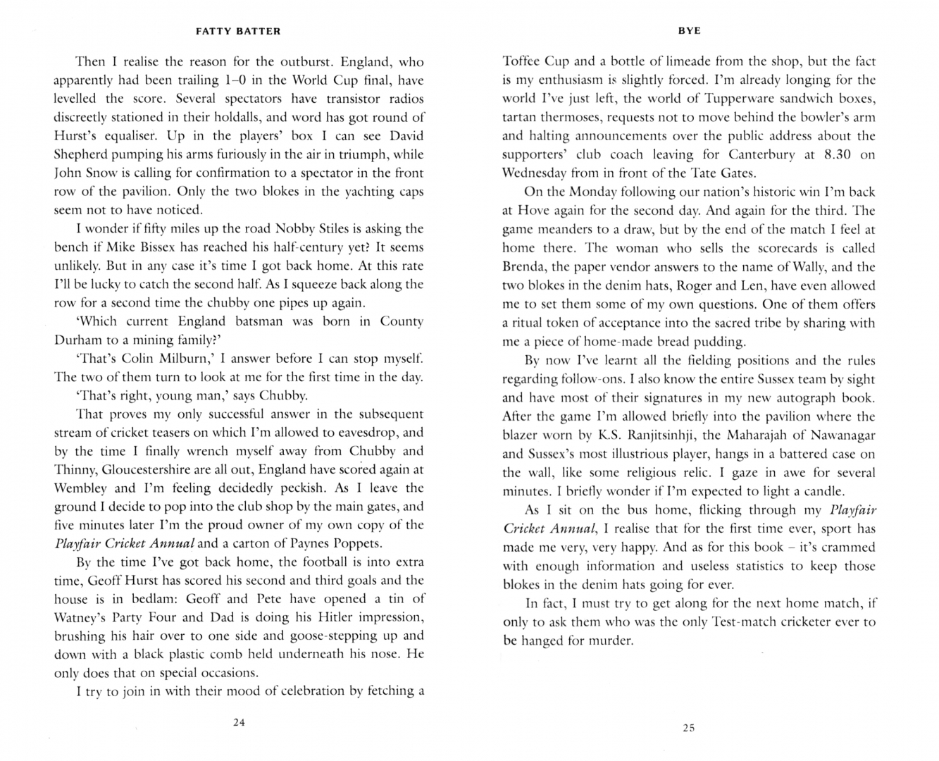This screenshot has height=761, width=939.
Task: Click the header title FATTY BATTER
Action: (237, 31)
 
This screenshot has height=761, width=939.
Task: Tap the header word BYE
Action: (689, 30)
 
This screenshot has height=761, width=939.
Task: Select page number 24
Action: (239, 722)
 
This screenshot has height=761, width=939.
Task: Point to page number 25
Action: (689, 727)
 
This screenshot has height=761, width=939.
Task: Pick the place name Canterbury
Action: (761, 154)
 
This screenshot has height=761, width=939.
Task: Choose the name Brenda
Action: (524, 267)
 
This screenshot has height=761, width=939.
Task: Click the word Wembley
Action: (80, 488)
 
